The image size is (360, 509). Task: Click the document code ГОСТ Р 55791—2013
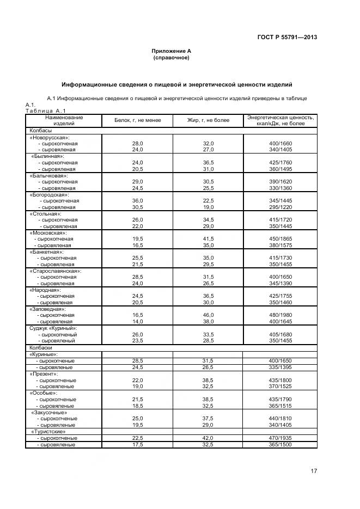[x=287, y=38]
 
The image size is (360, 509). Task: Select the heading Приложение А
[x=172, y=51]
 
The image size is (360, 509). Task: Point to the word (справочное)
[x=172, y=57]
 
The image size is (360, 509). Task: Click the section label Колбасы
[x=40, y=131]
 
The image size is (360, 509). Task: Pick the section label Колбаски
[x=41, y=347]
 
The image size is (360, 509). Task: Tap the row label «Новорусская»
[x=53, y=137]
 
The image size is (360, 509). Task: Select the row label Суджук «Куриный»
[x=53, y=328]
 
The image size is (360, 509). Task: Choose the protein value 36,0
[x=137, y=201]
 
